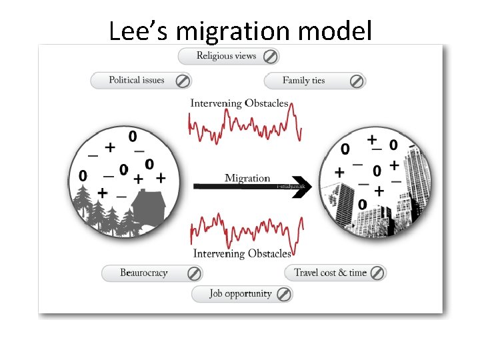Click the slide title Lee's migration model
pyautogui.click(x=240, y=30)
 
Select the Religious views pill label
pyautogui.click(x=226, y=56)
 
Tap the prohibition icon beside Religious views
pyautogui.click(x=271, y=56)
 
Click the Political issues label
pyautogui.click(x=136, y=81)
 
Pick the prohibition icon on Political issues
pyautogui.click(x=182, y=81)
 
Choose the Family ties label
pyautogui.click(x=303, y=81)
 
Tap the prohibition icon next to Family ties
pyautogui.click(x=357, y=81)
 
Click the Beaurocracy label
pyautogui.click(x=143, y=273)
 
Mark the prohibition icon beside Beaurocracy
pyautogui.click(x=194, y=273)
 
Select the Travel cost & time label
pyautogui.click(x=330, y=273)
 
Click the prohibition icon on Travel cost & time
pyautogui.click(x=377, y=273)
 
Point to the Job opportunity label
pyautogui.click(x=240, y=293)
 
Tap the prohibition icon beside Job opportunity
pyautogui.click(x=283, y=294)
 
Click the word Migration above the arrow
pyautogui.click(x=247, y=178)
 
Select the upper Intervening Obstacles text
pyautogui.click(x=239, y=103)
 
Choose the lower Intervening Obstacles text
pyautogui.click(x=242, y=254)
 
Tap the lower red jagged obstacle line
pyautogui.click(x=245, y=230)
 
